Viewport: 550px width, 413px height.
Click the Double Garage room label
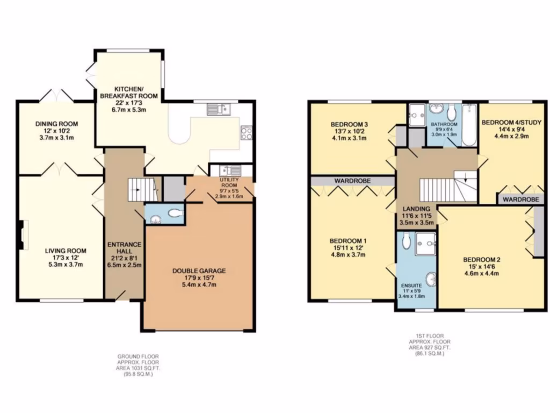tap(199, 277)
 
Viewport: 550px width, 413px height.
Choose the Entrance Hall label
tap(124, 254)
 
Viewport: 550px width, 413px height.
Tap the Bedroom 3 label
tap(349, 131)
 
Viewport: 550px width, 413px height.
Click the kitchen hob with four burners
tap(247, 132)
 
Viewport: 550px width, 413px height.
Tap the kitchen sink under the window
tap(219, 110)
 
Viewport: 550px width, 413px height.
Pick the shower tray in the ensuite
tap(425, 241)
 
